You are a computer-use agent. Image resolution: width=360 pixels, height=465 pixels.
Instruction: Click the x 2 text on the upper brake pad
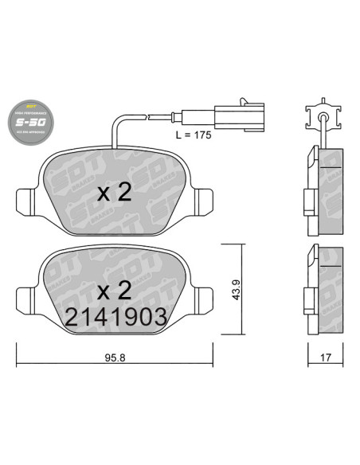pos(114,193)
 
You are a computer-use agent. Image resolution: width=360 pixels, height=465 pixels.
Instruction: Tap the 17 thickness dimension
pos(324,358)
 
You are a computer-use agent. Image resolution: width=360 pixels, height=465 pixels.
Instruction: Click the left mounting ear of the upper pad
pos(26,198)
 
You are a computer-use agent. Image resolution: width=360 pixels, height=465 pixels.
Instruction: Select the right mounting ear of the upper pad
pos(202,198)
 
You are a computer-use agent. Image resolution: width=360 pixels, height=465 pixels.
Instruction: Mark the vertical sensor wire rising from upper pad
pos(115,131)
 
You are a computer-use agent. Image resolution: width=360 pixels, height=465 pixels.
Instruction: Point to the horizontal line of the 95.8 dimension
pos(80,365)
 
